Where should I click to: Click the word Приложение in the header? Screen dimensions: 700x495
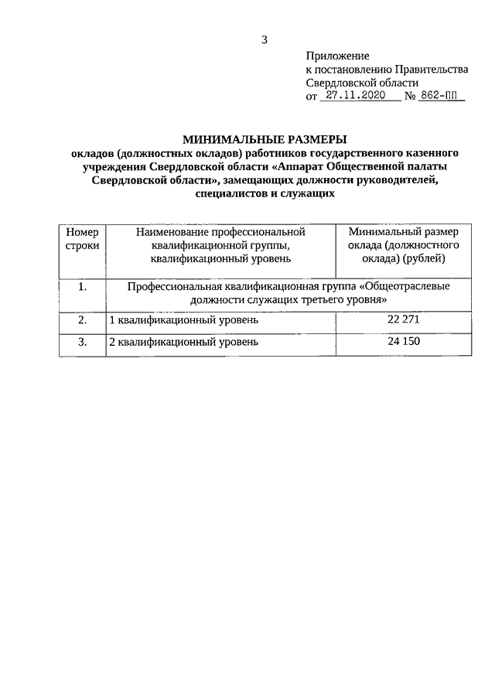(x=338, y=56)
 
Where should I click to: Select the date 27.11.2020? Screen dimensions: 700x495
(x=356, y=97)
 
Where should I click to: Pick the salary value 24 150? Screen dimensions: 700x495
(x=402, y=341)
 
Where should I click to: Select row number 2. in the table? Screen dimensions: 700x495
(x=82, y=319)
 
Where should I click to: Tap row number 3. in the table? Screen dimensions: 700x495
(x=82, y=341)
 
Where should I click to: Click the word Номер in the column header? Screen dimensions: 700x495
(x=82, y=231)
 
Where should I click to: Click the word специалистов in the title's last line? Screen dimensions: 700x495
(x=227, y=195)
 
